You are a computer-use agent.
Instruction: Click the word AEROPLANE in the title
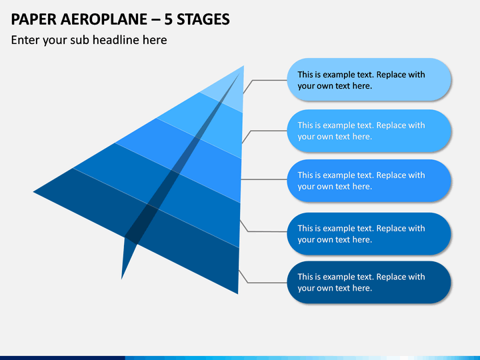coord(104,19)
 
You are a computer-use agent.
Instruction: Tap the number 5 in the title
coord(168,19)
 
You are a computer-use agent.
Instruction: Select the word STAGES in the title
coord(203,19)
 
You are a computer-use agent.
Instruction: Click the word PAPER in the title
coord(34,19)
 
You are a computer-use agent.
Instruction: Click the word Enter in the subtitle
coord(25,40)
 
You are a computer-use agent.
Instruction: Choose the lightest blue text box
coord(369,79)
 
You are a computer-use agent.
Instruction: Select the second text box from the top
coord(369,131)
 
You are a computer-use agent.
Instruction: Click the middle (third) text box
coord(369,181)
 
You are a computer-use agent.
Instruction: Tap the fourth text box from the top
coord(369,234)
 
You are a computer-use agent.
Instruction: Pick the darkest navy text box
coord(369,282)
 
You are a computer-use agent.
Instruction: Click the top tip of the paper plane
coord(244,65)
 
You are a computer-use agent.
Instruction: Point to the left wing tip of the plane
coord(33,192)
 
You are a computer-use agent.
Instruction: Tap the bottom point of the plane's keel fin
coord(121,279)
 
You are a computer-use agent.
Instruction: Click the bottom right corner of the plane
coord(238,294)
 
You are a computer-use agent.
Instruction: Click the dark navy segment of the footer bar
coord(63,358)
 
